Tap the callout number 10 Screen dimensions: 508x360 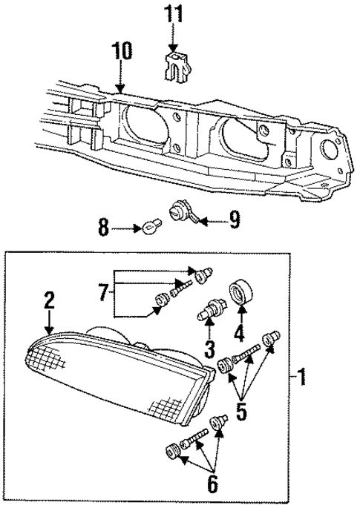click(x=122, y=51)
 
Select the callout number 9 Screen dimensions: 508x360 click(x=235, y=220)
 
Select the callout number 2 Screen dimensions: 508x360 click(x=49, y=300)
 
